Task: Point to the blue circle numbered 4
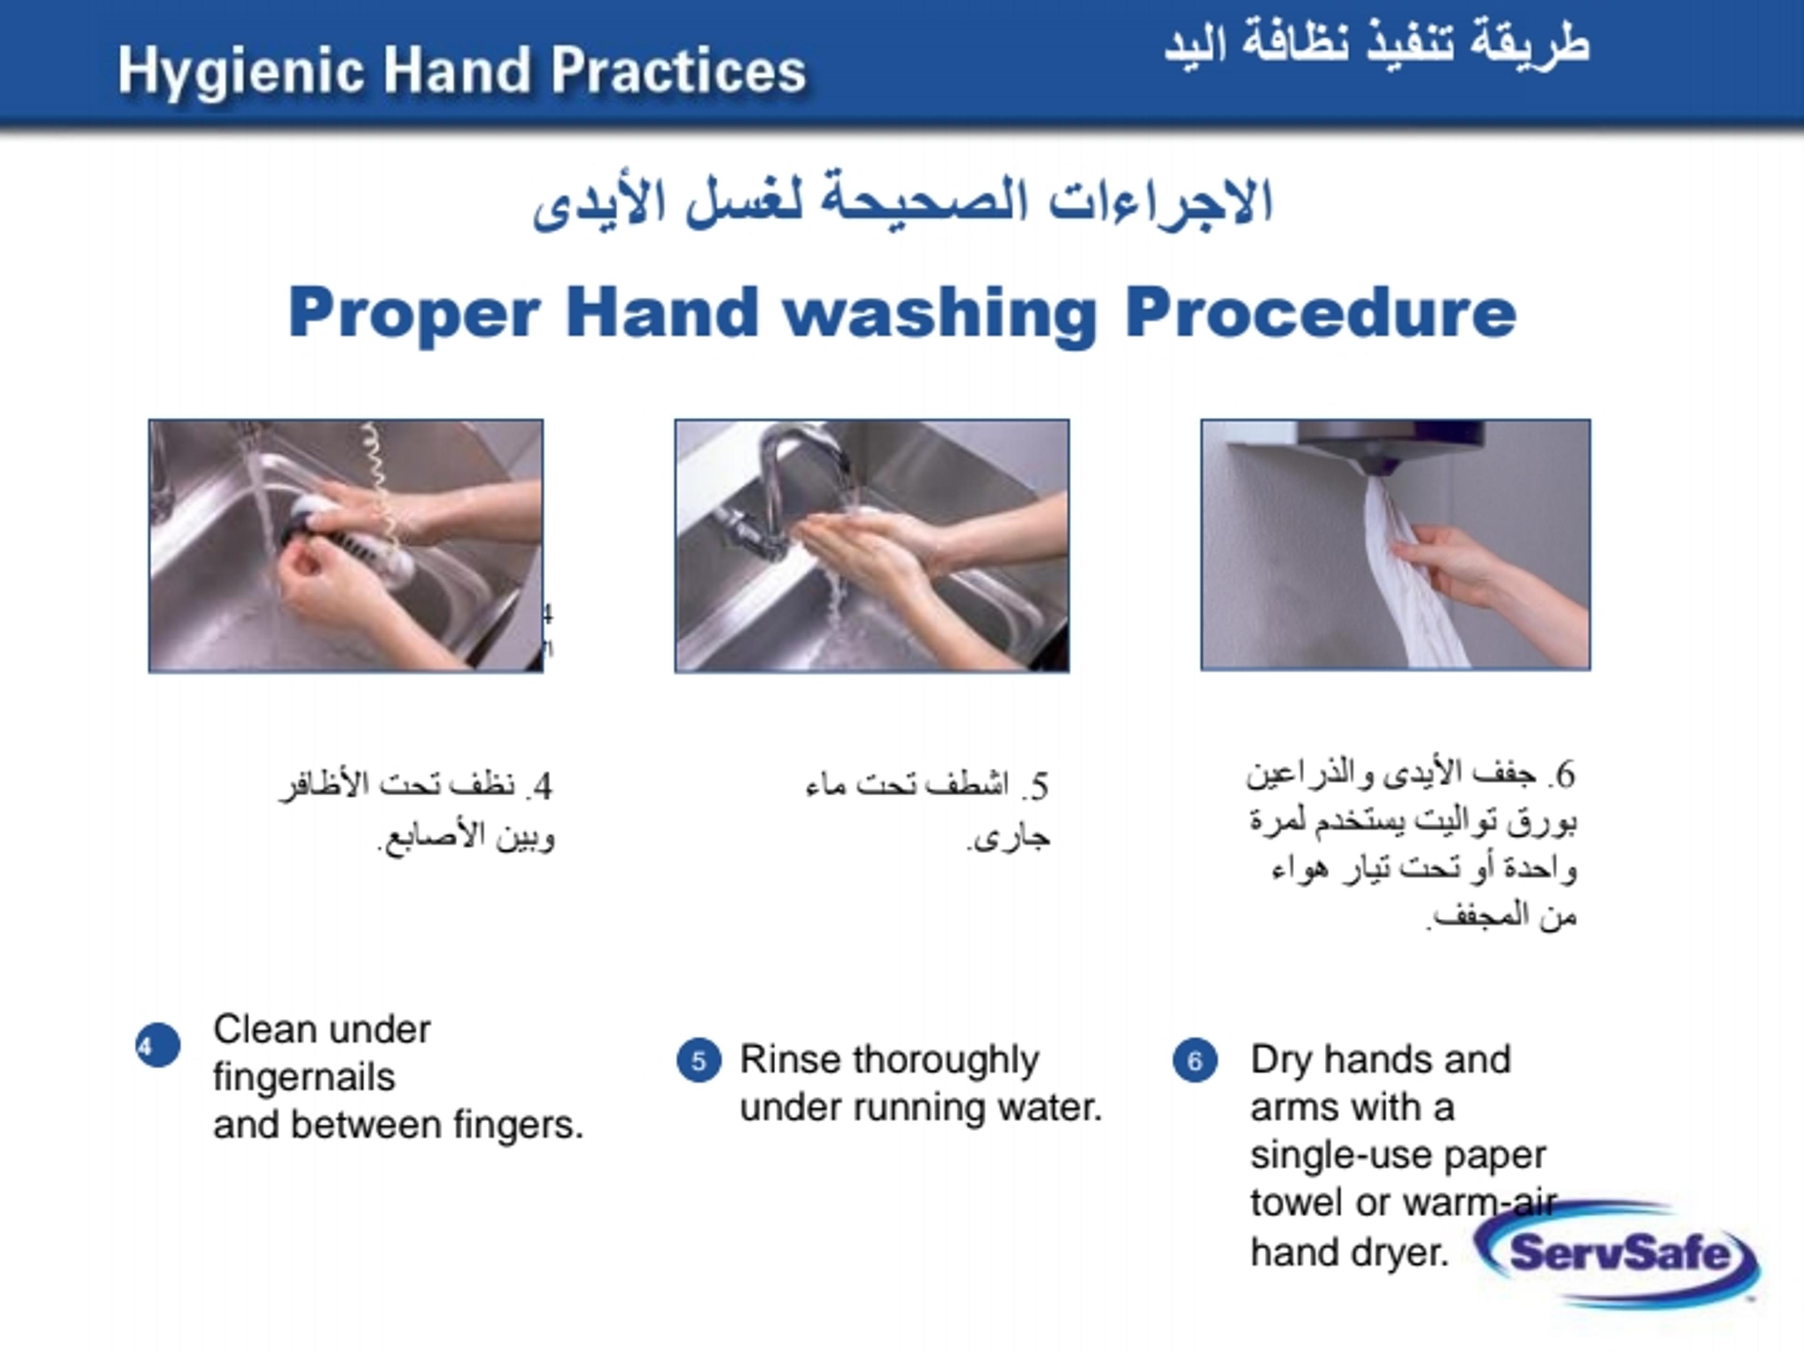pyautogui.click(x=157, y=1045)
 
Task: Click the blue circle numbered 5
pyautogui.click(x=699, y=1060)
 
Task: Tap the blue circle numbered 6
pyautogui.click(x=1195, y=1060)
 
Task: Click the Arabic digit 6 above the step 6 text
pyautogui.click(x=1565, y=775)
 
